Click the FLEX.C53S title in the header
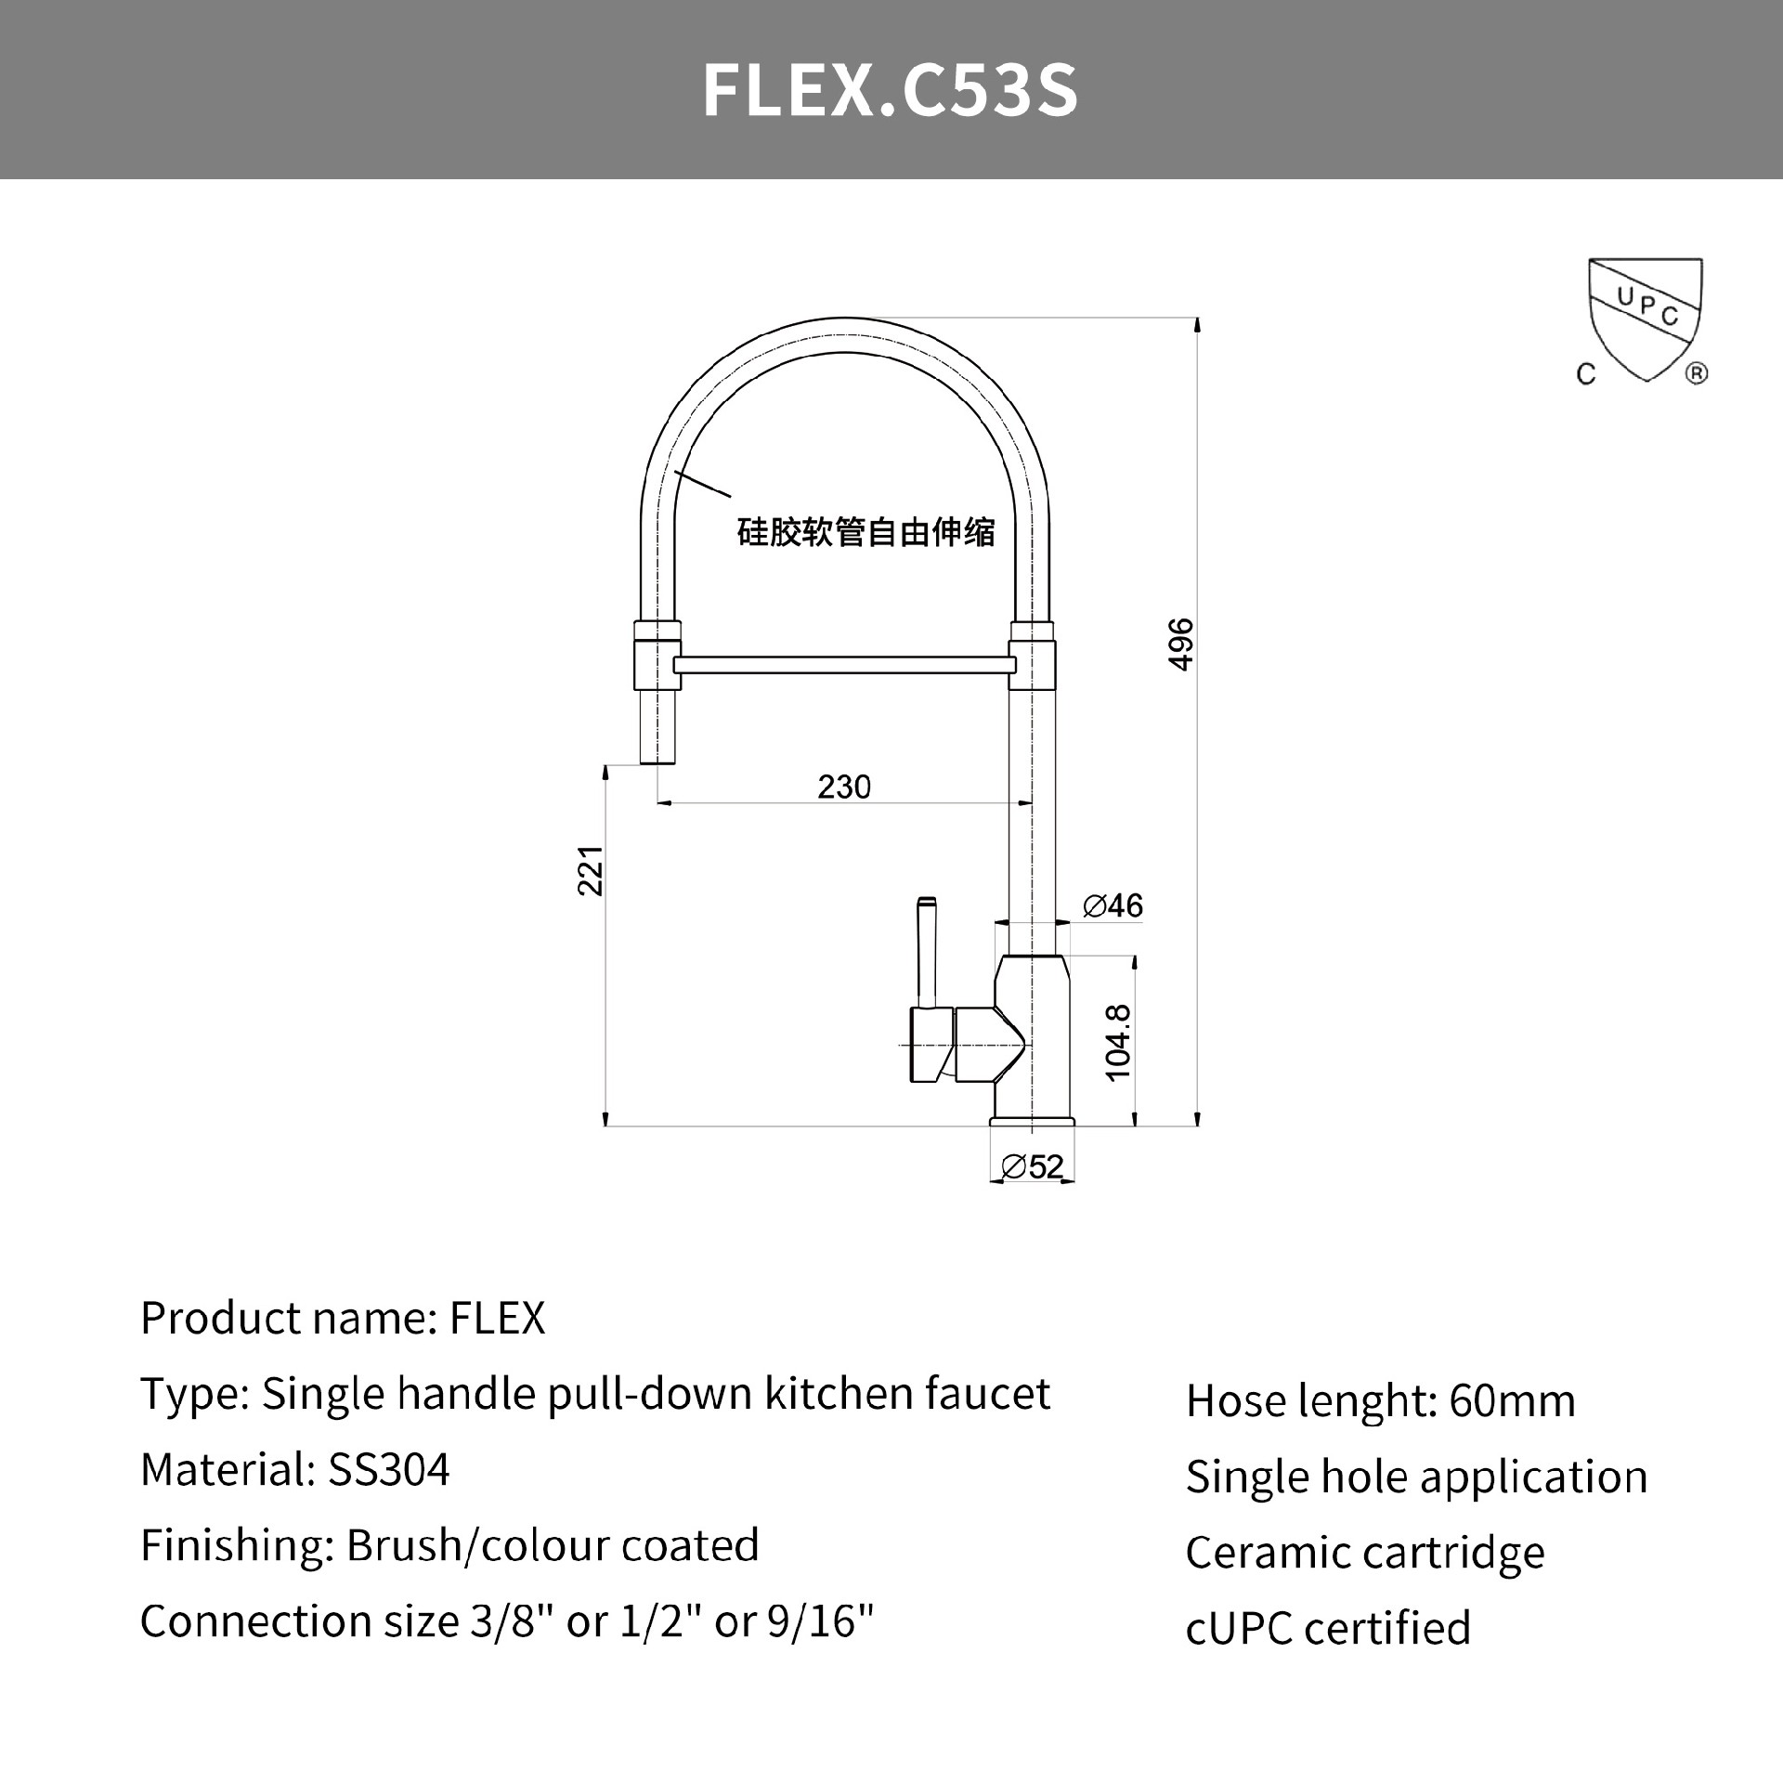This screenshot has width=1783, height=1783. [890, 90]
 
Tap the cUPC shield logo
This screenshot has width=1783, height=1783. [1645, 320]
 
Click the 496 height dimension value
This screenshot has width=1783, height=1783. [1180, 644]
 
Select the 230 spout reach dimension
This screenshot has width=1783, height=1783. [843, 787]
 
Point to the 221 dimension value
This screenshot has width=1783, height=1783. [591, 870]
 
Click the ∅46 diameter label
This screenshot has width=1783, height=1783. [1113, 905]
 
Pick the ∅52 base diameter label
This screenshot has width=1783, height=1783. [1033, 1166]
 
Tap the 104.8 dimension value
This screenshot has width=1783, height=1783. [1119, 1042]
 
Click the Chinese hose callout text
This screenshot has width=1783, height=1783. [865, 533]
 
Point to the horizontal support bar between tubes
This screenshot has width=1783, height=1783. [843, 665]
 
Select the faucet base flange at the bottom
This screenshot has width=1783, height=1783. [1032, 1122]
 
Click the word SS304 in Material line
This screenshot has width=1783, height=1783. [389, 1470]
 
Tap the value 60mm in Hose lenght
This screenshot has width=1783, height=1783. [1512, 1401]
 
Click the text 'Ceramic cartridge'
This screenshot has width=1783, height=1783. [1364, 1553]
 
